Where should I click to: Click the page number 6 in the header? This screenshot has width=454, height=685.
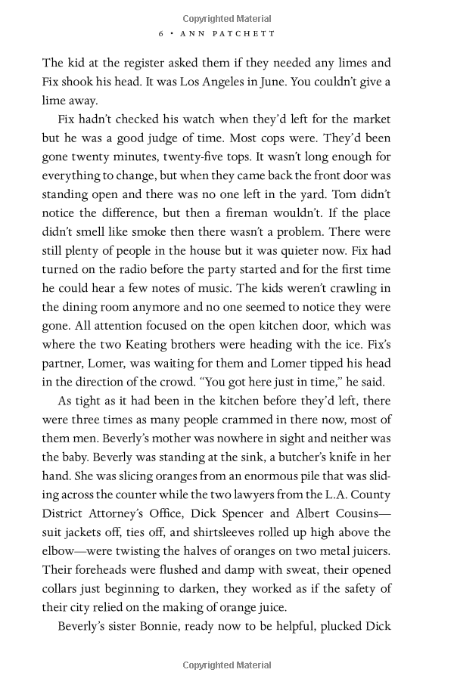point(161,34)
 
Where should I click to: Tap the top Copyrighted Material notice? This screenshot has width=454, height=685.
point(227,19)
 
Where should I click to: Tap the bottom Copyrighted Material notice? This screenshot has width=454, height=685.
point(227,665)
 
